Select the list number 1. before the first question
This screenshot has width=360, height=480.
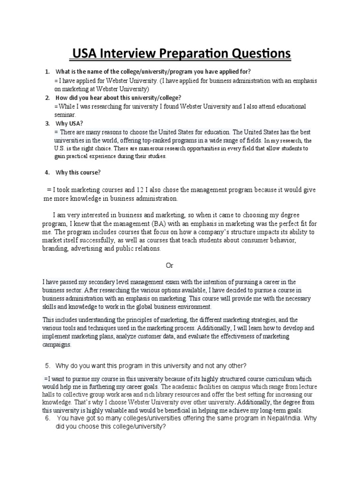tap(47, 72)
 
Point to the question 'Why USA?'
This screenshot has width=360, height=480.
tap(69, 124)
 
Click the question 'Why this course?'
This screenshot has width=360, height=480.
tap(78, 172)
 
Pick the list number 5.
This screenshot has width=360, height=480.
tap(47, 366)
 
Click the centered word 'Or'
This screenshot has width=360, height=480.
tap(170, 265)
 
